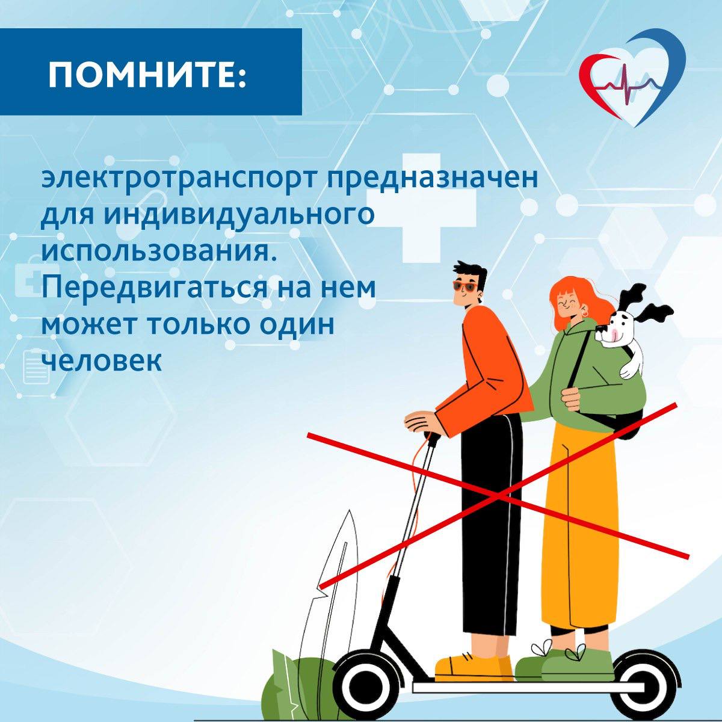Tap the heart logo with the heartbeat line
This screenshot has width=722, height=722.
[x=632, y=81]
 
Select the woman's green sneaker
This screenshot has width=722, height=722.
[x=577, y=665]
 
